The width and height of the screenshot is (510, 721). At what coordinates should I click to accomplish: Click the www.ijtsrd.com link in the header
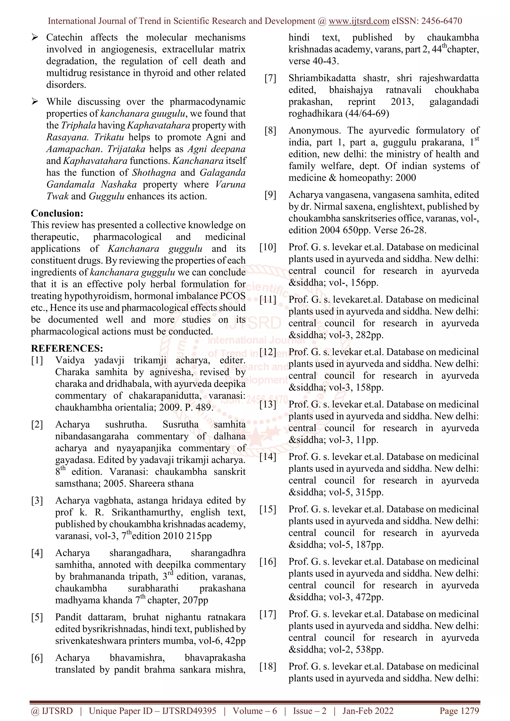pos(359,21)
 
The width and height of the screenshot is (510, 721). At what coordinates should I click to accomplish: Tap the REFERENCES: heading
pos(67,348)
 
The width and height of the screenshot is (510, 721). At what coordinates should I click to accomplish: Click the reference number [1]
pos(37,360)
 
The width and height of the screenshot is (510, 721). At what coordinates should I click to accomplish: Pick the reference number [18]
pos(267,666)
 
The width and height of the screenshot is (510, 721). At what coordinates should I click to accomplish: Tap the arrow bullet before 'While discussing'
pos(35,101)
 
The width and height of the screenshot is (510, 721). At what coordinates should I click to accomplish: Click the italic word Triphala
pos(78,125)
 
